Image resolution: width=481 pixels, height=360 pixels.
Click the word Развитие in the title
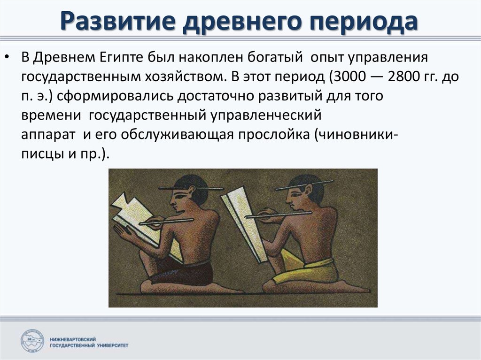pos(118,21)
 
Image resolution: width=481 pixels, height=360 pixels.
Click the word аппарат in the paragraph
pos(48,135)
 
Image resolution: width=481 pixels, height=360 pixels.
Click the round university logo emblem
pos(32,341)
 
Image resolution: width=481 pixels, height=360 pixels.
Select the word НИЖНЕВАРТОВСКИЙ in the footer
pos(73,339)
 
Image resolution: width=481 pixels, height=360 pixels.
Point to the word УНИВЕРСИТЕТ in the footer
pos(112,345)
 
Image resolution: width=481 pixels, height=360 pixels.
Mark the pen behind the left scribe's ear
pos(191,188)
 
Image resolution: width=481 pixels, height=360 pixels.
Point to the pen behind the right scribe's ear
pos(304,185)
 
